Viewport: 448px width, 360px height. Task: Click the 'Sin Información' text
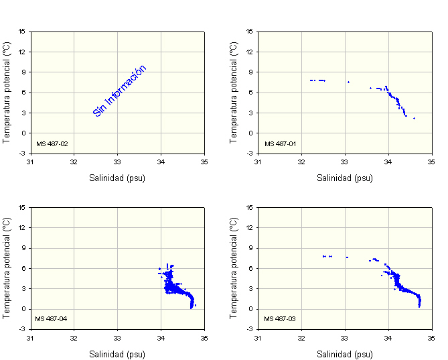(x=120, y=91)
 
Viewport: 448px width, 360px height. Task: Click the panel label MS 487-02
(x=52, y=143)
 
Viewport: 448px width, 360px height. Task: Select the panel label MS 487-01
(x=280, y=143)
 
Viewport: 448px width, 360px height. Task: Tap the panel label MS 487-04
(x=52, y=318)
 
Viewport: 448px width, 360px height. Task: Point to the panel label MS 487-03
(x=280, y=318)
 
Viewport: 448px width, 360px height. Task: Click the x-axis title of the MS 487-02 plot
(x=117, y=178)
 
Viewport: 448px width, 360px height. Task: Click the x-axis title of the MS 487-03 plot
(x=345, y=354)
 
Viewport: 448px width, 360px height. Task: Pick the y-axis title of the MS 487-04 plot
(x=6, y=267)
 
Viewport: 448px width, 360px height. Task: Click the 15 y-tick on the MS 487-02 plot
(x=22, y=31)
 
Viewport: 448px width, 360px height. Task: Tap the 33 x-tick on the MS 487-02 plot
(x=117, y=162)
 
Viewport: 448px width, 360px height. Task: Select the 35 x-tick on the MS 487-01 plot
(x=432, y=162)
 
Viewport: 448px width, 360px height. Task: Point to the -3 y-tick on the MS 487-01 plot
(x=250, y=154)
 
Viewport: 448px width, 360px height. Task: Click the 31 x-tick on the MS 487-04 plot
(x=30, y=337)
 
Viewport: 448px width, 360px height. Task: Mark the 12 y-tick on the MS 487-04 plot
(x=22, y=227)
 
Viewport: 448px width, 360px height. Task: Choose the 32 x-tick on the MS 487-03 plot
(x=301, y=337)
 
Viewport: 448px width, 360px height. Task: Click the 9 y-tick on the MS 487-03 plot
(x=251, y=248)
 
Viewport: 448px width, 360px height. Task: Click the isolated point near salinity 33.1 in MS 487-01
(x=348, y=82)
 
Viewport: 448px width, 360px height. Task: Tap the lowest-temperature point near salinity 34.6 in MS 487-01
(x=414, y=118)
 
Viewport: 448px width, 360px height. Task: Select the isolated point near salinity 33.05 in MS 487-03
(x=347, y=257)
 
